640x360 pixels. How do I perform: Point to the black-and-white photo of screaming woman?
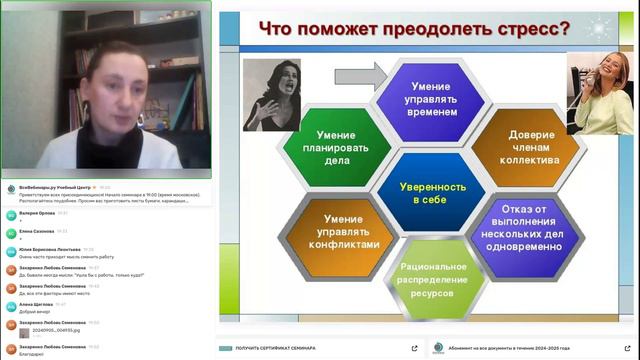pyautogui.click(x=270, y=94)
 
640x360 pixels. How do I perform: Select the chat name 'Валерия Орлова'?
pyautogui.click(x=36, y=212)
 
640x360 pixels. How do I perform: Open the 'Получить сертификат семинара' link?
pyautogui.click(x=275, y=347)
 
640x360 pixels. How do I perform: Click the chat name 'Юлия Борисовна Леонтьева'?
pyautogui.click(x=49, y=249)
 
